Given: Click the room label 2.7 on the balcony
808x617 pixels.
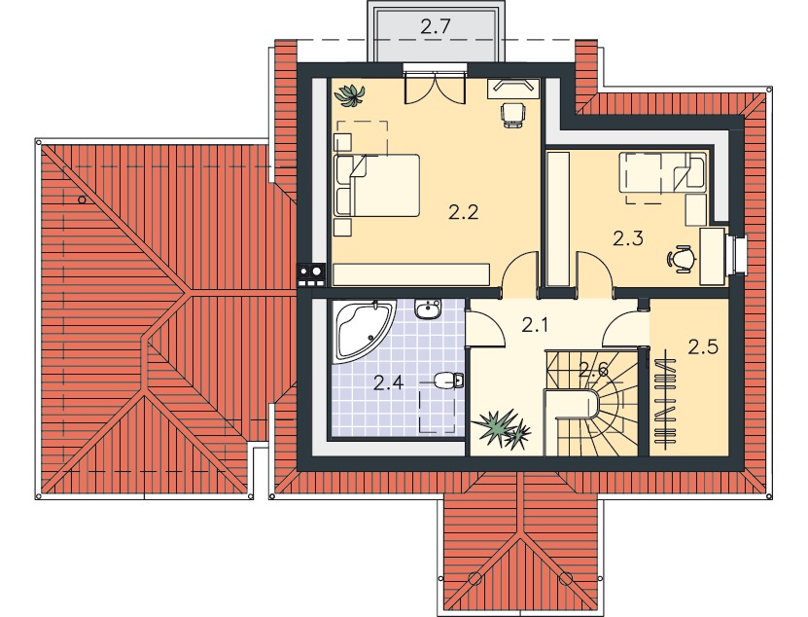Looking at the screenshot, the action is coord(436,27).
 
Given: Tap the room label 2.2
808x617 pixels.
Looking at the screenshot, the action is coord(463,212).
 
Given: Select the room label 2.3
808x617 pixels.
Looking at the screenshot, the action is coord(628,238).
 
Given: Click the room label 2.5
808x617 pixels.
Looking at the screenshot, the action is coord(703,347).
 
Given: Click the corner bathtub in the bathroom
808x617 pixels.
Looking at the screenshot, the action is coord(364,330).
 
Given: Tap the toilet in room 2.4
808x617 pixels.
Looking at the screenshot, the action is coord(449,381).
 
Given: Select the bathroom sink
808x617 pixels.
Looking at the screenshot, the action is coord(428,309).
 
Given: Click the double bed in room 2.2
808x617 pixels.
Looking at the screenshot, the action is coord(376,185).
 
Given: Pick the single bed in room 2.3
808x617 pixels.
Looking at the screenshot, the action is coord(664,172).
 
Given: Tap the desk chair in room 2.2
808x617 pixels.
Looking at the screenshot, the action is coord(513,115).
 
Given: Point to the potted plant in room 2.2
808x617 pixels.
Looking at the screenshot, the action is coord(349,95).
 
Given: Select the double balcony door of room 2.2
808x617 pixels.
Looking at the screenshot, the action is coord(436,87).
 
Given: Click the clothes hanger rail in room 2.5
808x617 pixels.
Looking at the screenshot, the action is coord(665,396).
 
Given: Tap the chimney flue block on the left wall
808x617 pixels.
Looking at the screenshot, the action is coord(311,274).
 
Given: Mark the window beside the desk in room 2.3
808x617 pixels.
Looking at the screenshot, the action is coord(738,254).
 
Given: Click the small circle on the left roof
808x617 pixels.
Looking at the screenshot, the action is coord(82,200).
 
